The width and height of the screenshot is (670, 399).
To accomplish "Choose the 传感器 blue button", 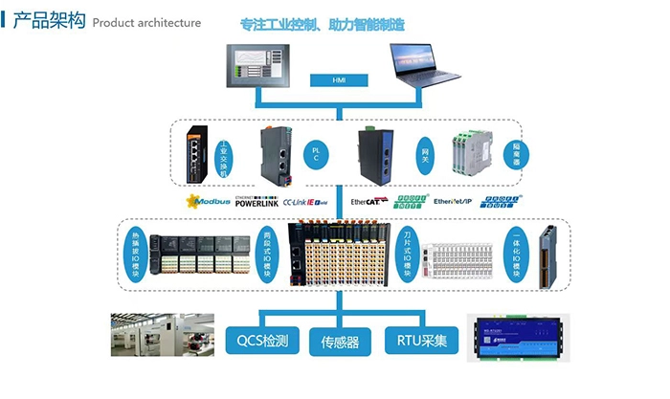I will pos(340,339).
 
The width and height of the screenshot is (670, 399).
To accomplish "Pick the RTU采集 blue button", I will pos(421,339).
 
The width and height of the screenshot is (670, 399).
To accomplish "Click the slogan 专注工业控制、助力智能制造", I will pos(335,23).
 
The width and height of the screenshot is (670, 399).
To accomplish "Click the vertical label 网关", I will pos(425,153).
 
